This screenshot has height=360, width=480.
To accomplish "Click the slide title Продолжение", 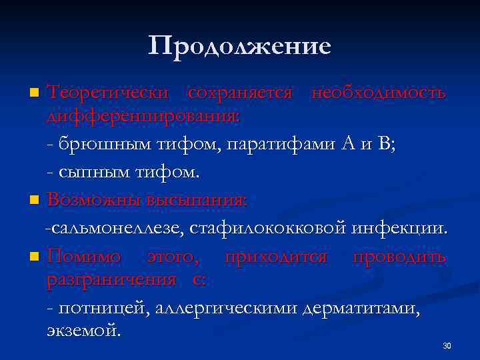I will tap(240, 47).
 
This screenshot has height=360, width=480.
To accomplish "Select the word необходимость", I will tap(379, 93).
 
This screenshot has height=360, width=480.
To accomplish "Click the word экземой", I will tap(84, 330).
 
